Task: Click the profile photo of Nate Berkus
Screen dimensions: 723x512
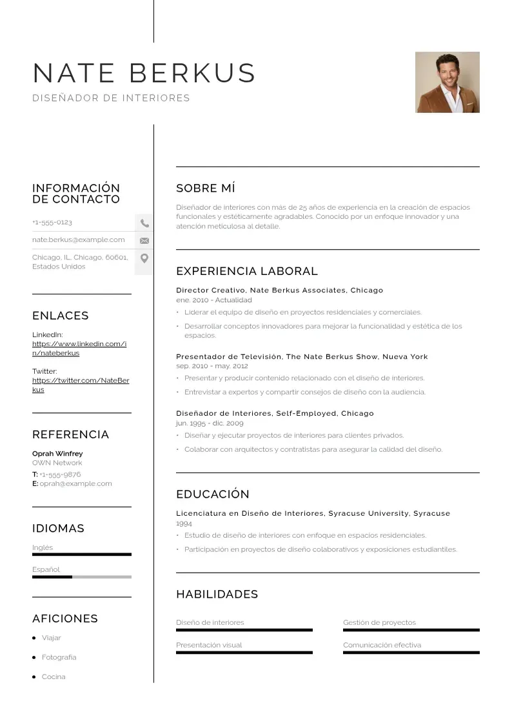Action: click(447, 82)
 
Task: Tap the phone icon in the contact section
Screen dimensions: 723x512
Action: click(144, 223)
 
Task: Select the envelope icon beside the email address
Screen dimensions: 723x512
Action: click(144, 241)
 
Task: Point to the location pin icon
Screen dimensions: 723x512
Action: click(144, 258)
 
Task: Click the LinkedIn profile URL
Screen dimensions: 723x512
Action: click(79, 349)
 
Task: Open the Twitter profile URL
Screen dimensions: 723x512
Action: click(80, 385)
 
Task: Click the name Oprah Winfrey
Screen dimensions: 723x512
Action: click(57, 454)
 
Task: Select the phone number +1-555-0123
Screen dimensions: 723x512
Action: click(52, 223)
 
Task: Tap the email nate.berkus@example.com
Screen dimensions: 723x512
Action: click(79, 240)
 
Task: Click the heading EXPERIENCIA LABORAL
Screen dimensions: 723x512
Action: click(246, 272)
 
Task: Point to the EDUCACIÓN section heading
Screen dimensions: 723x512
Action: click(212, 494)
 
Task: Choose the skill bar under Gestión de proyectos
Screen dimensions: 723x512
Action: click(411, 630)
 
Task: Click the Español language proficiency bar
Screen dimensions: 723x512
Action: click(81, 576)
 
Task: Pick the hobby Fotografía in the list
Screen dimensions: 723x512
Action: click(59, 657)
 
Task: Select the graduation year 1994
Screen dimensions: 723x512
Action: click(184, 524)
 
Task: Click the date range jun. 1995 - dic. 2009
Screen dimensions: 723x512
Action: click(210, 423)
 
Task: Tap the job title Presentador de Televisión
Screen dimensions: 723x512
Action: click(229, 357)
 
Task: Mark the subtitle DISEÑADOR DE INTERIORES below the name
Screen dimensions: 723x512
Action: click(111, 98)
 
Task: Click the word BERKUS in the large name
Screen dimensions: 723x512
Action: click(192, 73)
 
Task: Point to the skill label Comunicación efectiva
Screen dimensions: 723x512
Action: click(382, 645)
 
